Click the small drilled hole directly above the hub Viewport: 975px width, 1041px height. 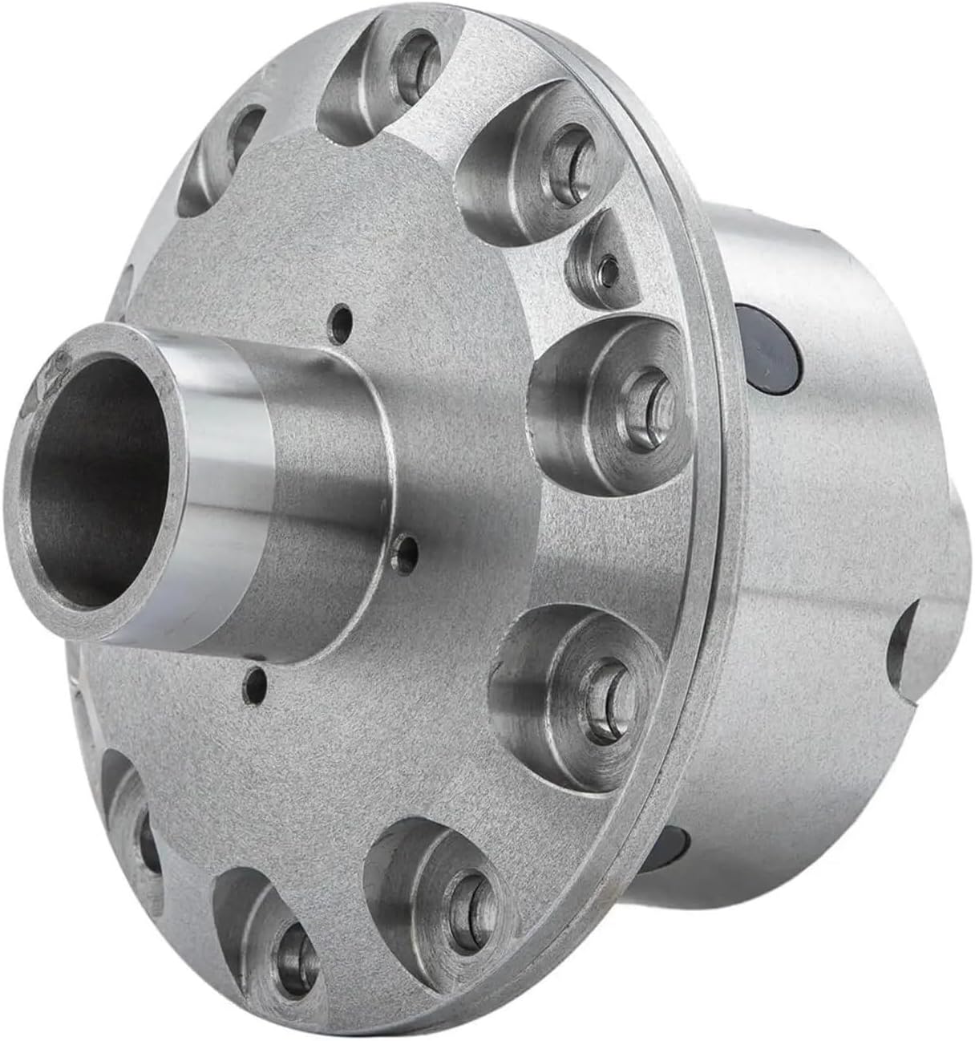pyautogui.click(x=344, y=322)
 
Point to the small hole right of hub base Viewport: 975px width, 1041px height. pyautogui.click(x=409, y=550)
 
